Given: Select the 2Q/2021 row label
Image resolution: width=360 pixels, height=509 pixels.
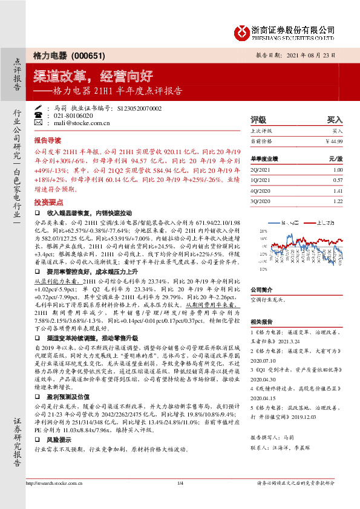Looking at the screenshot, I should [x=260, y=170].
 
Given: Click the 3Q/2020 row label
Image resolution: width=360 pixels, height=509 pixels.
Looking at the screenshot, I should [x=260, y=201].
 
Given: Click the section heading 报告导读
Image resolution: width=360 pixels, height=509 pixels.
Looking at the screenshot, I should [x=47, y=138].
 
